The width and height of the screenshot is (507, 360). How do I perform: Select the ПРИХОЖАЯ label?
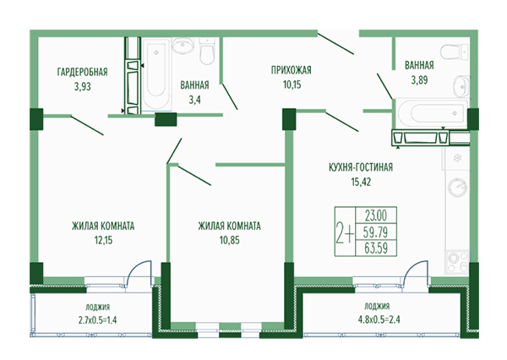click(x=292, y=71)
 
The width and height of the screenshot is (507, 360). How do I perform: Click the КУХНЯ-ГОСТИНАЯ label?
click(x=361, y=167)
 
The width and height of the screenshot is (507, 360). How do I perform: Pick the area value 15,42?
click(x=361, y=181)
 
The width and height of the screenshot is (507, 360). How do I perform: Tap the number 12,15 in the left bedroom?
click(x=102, y=240)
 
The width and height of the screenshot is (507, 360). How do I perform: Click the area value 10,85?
click(x=229, y=240)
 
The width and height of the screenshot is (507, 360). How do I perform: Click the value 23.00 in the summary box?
click(x=376, y=215)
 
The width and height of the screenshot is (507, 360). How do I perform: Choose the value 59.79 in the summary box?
click(x=376, y=232)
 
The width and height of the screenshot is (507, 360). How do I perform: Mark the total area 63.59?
click(x=376, y=248)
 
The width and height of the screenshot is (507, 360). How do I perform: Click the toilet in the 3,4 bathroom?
click(x=207, y=54)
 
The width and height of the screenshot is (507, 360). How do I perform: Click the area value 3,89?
click(x=420, y=79)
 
